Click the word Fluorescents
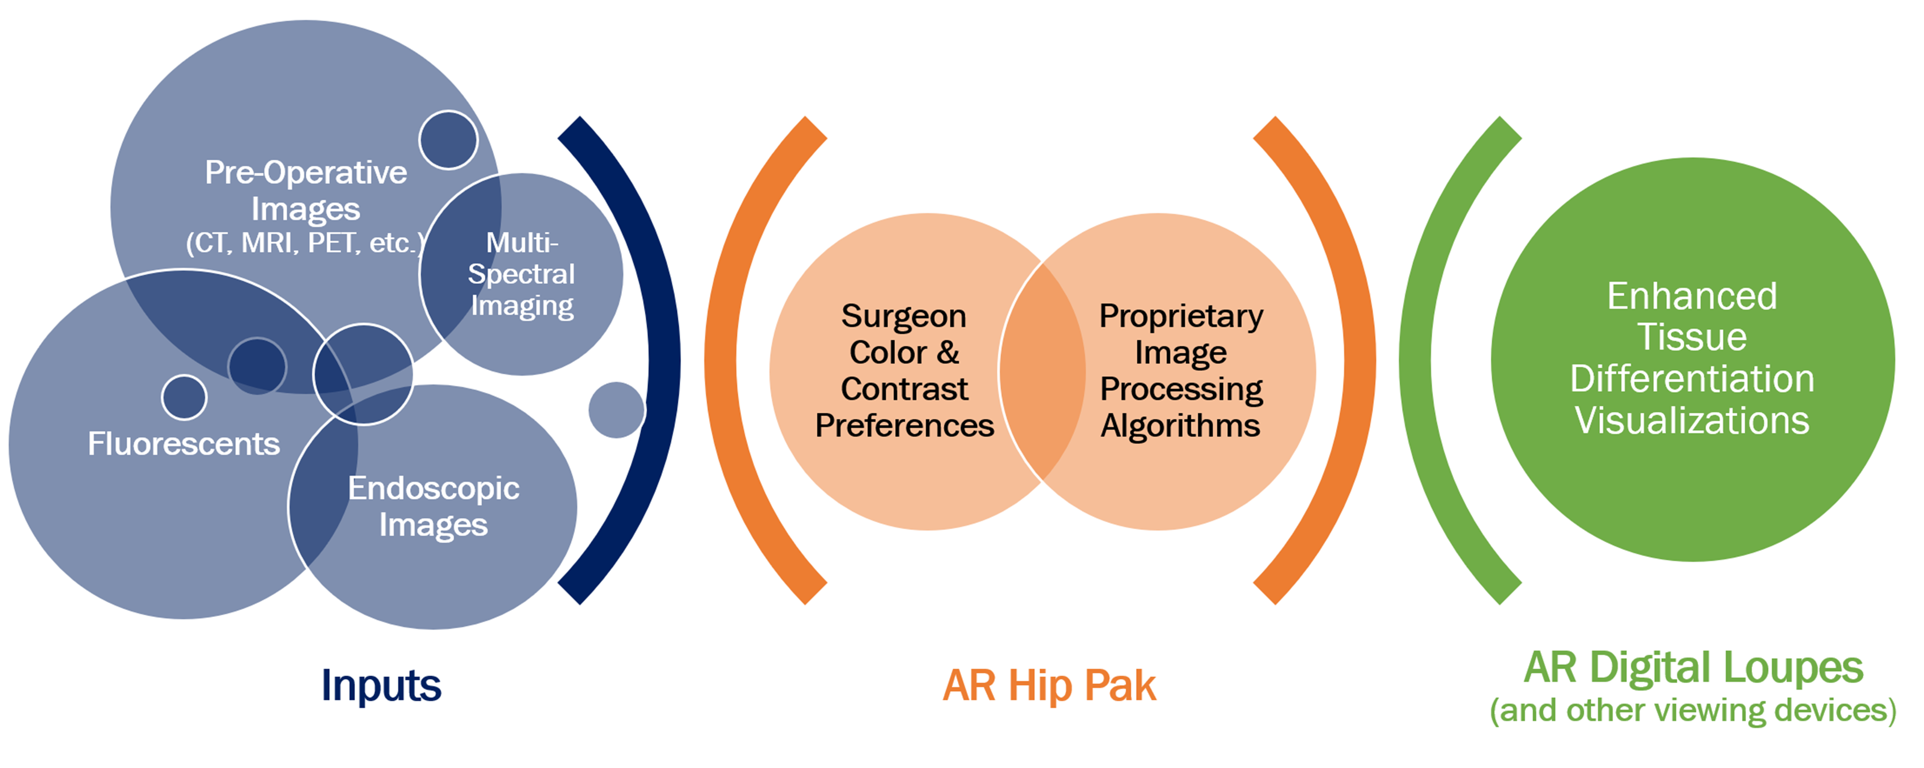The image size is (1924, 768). [x=184, y=444]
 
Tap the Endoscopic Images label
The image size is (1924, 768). [x=433, y=506]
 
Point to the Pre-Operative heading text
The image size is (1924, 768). [x=306, y=173]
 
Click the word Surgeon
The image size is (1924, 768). [x=904, y=316]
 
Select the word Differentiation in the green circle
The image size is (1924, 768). [x=1692, y=379]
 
